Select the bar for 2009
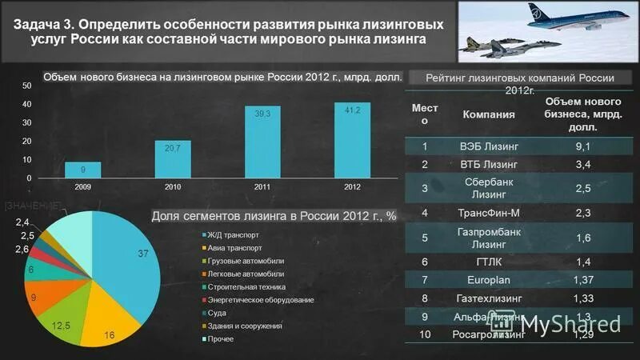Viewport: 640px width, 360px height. coord(82,170)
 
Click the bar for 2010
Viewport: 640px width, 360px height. coord(172,159)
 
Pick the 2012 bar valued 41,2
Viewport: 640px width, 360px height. coord(352,141)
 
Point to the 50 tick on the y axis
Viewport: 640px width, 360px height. coord(26,85)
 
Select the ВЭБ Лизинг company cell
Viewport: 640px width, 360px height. coord(490,146)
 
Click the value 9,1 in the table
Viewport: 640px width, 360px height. coord(583,146)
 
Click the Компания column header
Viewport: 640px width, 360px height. coord(489,114)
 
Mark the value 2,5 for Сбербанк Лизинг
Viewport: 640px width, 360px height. coord(583,187)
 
